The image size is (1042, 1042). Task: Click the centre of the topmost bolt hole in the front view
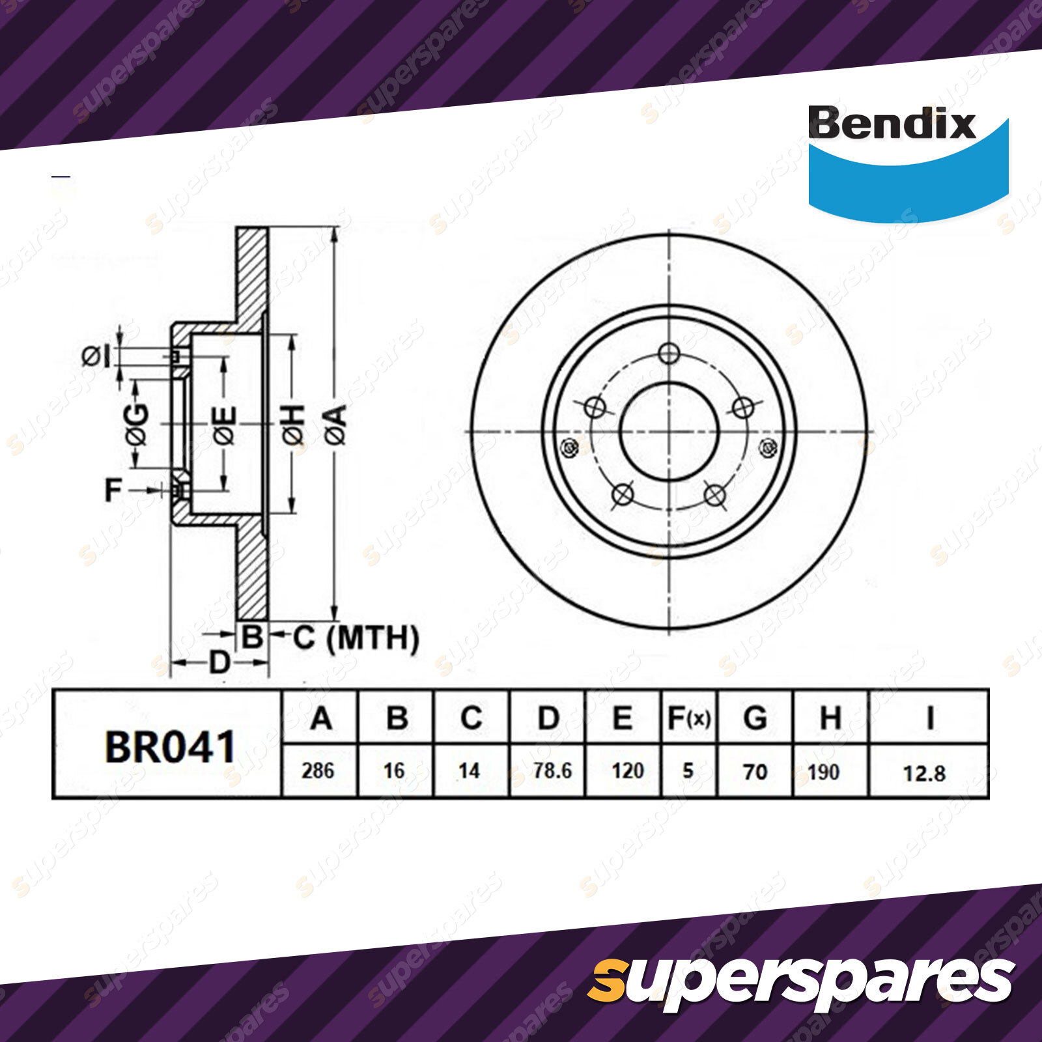(669, 354)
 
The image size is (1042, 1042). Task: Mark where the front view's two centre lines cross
(669, 431)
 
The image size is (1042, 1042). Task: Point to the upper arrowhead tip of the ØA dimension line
(334, 227)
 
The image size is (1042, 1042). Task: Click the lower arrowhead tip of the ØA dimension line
(334, 620)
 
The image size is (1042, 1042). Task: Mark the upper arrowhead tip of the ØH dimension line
(292, 335)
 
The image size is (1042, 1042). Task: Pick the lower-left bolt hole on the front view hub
(623, 494)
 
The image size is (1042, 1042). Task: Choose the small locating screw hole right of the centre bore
(769, 447)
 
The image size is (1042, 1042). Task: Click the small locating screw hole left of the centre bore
(569, 448)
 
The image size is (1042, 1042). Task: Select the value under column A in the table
(318, 771)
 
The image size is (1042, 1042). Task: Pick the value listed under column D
(552, 771)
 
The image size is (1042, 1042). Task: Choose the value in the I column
(924, 773)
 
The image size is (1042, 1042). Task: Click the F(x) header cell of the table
(689, 718)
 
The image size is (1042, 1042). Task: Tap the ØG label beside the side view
(137, 424)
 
